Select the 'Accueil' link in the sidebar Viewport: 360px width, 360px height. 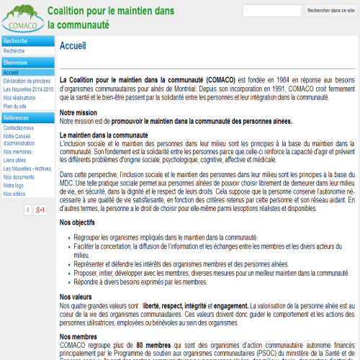11,73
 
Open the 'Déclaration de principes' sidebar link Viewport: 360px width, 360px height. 27,81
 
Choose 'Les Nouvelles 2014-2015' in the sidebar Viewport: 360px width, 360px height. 28,89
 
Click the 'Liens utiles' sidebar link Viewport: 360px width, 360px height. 15,160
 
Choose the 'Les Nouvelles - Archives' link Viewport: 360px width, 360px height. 27,168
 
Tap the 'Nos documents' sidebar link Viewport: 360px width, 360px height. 19,176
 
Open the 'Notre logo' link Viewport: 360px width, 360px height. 14,185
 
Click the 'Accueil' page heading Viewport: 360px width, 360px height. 73,45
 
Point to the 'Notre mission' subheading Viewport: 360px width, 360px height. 78,113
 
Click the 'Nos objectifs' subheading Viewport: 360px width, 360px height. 78,223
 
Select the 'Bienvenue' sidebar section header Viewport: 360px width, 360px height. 16,63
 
